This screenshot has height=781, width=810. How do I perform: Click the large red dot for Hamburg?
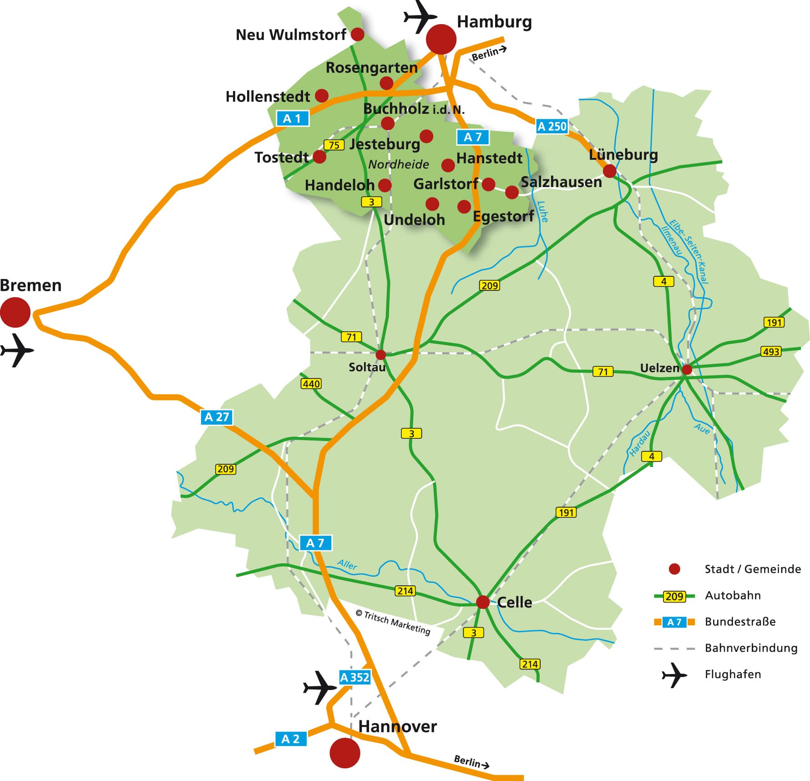[x=441, y=39]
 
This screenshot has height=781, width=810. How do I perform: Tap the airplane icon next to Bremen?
[x=17, y=350]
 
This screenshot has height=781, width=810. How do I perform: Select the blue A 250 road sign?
[x=552, y=126]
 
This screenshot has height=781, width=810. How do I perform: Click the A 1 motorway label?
[x=292, y=119]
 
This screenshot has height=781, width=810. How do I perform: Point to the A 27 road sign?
[x=217, y=417]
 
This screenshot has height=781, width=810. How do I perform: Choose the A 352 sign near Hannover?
[x=354, y=678]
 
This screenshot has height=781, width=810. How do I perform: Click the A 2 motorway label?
[x=290, y=739]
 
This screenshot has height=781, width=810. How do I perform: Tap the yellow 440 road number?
[x=311, y=384]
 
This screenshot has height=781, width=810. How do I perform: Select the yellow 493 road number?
[x=771, y=351]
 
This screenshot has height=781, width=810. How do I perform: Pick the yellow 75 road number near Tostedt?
[x=334, y=145]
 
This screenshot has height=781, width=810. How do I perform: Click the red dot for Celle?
[x=482, y=602]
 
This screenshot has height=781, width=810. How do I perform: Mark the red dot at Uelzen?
[x=687, y=369]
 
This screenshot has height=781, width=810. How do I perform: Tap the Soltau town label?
[x=367, y=367]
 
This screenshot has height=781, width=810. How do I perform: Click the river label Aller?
[x=347, y=564]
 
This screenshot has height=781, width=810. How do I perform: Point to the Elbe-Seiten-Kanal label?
[x=689, y=252]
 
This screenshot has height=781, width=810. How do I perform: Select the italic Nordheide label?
[x=399, y=164]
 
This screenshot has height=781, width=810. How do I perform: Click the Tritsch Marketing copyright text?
[x=393, y=622]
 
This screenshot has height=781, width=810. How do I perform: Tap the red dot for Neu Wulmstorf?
[x=358, y=34]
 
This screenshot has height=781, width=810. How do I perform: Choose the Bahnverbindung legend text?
[x=751, y=648]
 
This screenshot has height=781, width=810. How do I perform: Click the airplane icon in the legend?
[x=674, y=675]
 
